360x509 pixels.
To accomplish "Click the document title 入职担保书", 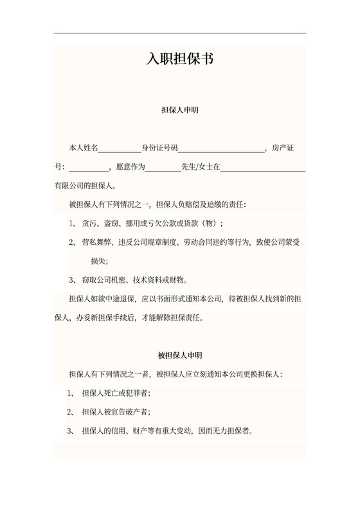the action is click(179, 59).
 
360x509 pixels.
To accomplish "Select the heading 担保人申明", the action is click(179, 111).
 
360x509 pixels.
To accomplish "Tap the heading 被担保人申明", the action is click(179, 355).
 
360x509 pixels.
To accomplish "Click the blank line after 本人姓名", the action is click(120, 149).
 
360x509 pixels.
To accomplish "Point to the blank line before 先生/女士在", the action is click(164, 168).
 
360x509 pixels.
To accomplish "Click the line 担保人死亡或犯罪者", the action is click(116, 393).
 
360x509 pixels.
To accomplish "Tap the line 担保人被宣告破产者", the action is click(116, 411).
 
